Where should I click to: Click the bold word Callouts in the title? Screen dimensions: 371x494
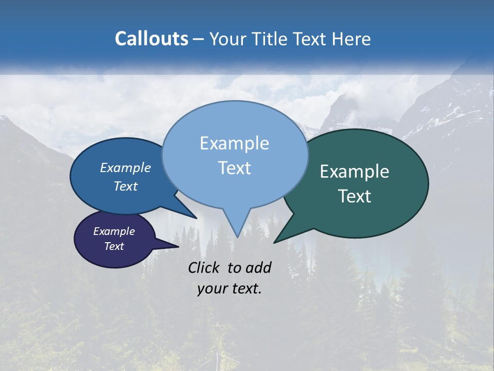(151, 39)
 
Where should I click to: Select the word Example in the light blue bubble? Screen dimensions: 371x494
(234, 143)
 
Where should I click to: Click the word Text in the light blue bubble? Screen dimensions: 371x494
(234, 168)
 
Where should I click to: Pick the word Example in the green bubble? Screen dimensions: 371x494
(355, 172)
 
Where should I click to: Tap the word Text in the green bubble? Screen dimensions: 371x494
(355, 196)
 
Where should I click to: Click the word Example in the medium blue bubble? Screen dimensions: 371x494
(125, 167)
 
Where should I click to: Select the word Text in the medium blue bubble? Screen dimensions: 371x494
(125, 186)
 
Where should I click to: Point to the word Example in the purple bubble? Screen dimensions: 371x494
(114, 231)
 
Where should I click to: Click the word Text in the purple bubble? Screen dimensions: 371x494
(114, 246)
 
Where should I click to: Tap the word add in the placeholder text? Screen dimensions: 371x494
(259, 267)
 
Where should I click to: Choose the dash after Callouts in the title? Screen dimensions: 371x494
(198, 39)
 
